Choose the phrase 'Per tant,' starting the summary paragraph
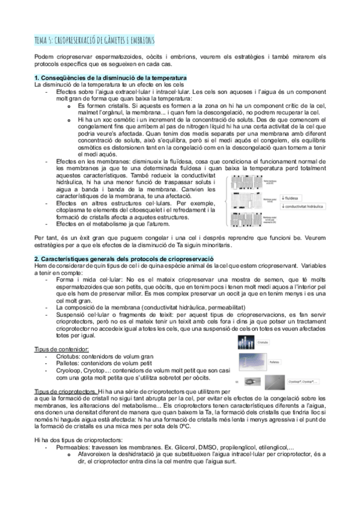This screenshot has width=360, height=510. pyautogui.click(x=47, y=237)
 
